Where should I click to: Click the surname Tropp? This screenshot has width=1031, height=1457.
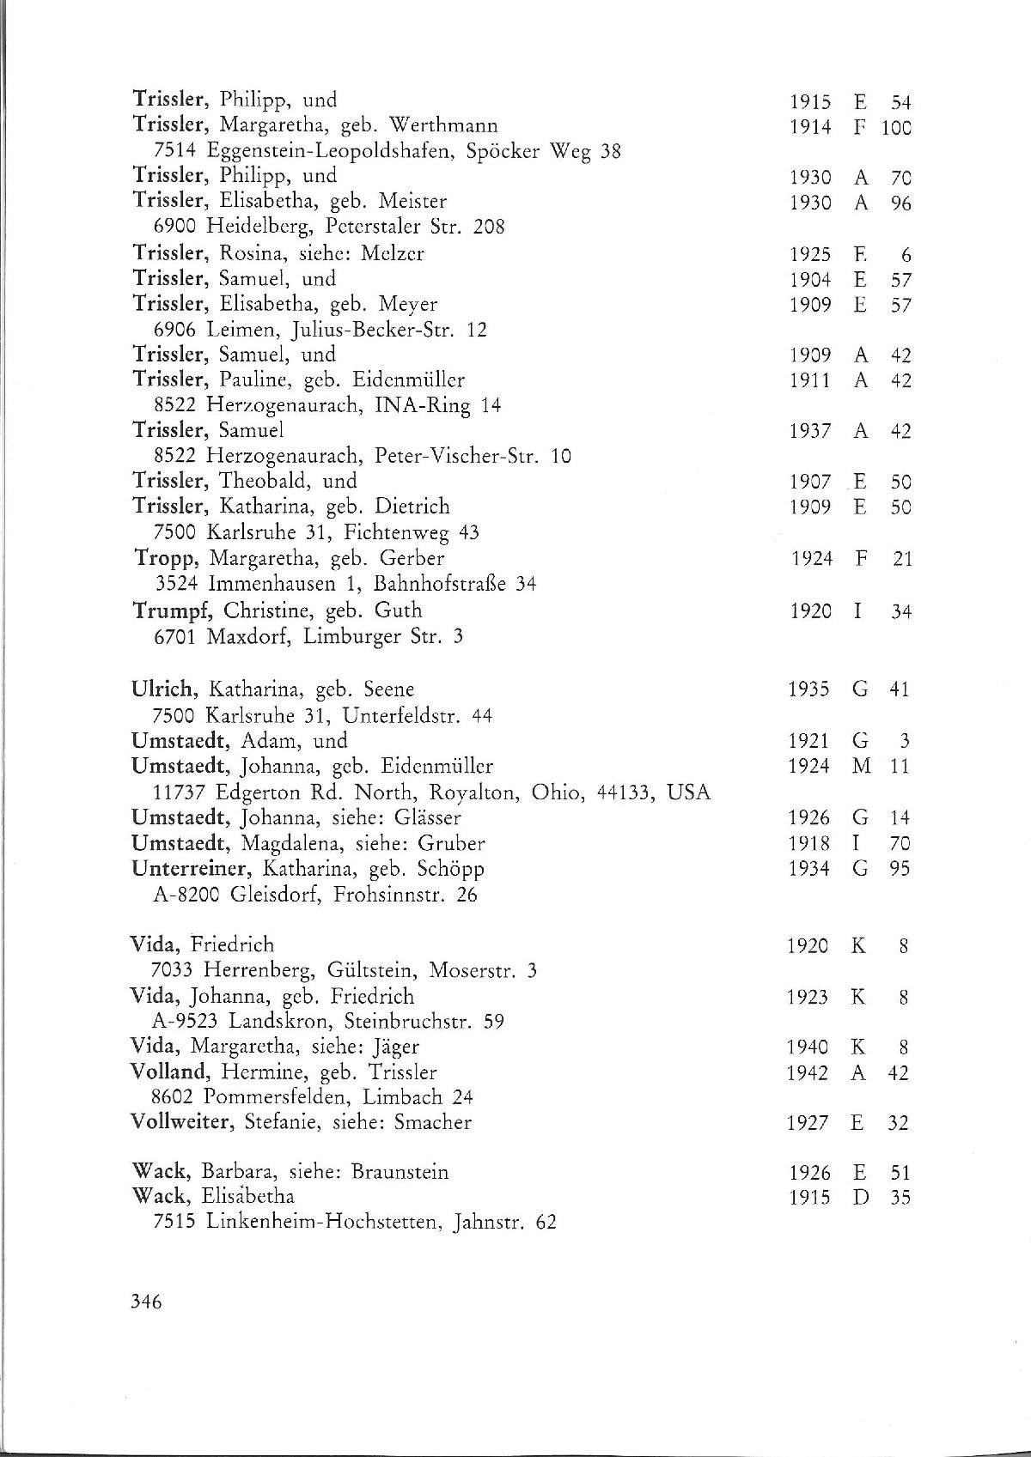point(168,559)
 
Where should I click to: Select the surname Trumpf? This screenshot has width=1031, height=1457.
point(174,611)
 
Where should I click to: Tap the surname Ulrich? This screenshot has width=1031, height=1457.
point(163,689)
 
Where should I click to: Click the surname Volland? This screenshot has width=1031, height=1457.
point(168,1072)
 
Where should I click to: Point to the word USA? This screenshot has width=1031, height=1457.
point(689,792)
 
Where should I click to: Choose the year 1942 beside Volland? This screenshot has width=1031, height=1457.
point(808,1072)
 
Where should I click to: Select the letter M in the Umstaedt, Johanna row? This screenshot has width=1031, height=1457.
point(861,766)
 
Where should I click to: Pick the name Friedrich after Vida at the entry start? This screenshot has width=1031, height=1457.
point(232,944)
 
